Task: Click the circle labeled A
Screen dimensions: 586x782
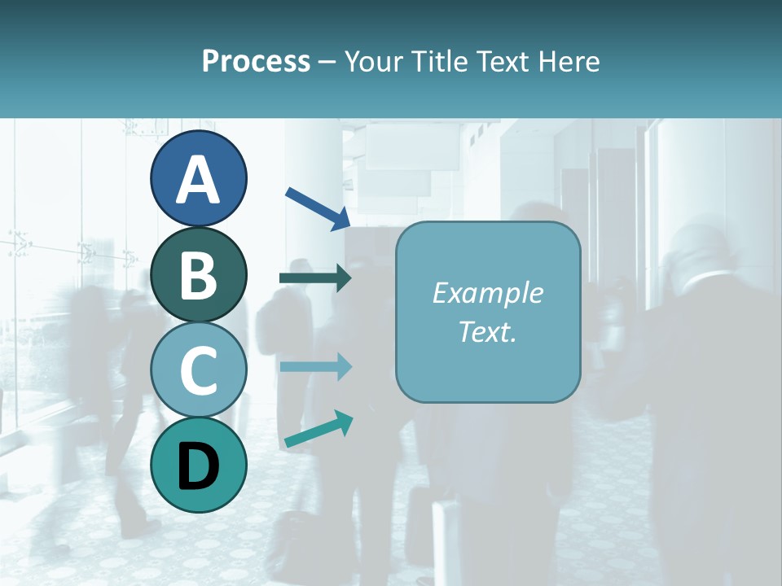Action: pyautogui.click(x=198, y=178)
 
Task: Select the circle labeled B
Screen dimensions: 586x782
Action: pyautogui.click(x=198, y=274)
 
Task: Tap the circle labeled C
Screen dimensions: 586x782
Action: pyautogui.click(x=198, y=370)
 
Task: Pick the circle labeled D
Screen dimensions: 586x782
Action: pyautogui.click(x=198, y=466)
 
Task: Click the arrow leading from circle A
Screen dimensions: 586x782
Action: pyautogui.click(x=318, y=208)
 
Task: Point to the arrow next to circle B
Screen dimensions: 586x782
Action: pyautogui.click(x=315, y=278)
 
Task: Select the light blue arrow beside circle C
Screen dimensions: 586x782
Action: pyautogui.click(x=315, y=367)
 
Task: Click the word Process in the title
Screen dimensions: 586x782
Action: pyautogui.click(x=256, y=62)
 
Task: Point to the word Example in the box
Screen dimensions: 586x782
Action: pyautogui.click(x=488, y=293)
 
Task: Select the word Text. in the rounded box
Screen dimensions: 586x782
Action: pyautogui.click(x=488, y=331)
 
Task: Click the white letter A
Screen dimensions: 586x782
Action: pyautogui.click(x=198, y=180)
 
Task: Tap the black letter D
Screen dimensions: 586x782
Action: pyautogui.click(x=198, y=467)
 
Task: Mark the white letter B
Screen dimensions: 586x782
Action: pyautogui.click(x=198, y=276)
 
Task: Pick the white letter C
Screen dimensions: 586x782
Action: pyautogui.click(x=198, y=371)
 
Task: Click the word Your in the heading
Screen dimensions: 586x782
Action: pyautogui.click(x=374, y=62)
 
